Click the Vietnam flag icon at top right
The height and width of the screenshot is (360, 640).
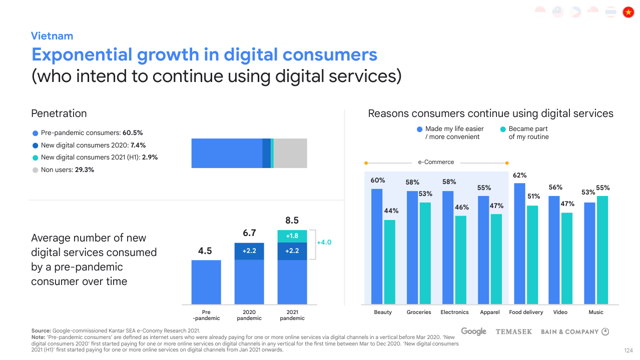coord(628,12)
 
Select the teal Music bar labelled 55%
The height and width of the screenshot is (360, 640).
coord(602,249)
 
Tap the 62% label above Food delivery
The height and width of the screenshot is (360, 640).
coord(519,175)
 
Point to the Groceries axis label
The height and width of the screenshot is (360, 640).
coord(419,312)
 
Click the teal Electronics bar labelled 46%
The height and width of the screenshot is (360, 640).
coord(461,259)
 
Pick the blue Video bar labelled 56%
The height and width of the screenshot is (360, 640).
coord(554,249)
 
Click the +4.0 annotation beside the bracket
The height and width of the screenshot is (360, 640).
coord(324,242)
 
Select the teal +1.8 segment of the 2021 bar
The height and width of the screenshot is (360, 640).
coord(292,236)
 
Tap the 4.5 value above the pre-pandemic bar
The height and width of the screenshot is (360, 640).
coord(205,251)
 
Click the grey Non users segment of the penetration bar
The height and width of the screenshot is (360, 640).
coord(290,153)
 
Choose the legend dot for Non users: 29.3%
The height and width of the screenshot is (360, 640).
coord(35,170)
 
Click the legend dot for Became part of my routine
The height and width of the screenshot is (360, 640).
coord(503,129)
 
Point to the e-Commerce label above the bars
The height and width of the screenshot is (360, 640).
coord(436,162)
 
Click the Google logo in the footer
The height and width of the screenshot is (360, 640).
coord(473,331)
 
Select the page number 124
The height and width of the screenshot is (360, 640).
coord(629,350)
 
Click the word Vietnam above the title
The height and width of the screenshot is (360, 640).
coord(52,36)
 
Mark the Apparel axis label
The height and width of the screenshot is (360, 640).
coord(490,312)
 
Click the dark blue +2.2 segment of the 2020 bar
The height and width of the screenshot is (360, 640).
coord(249,251)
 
